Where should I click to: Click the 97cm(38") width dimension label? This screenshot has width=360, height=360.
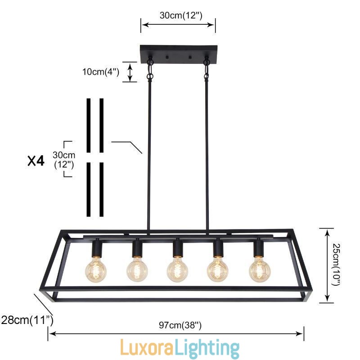click(176, 324)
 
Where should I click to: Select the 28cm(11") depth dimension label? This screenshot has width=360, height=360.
click(27, 320)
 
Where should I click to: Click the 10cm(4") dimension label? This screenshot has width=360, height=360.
click(100, 72)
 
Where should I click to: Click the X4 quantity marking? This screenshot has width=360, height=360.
click(36, 161)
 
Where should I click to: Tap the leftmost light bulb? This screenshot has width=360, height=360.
click(96, 270)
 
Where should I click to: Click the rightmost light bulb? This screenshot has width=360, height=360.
click(260, 270)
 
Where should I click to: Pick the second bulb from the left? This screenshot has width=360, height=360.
click(137, 270)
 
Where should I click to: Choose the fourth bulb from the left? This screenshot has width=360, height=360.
click(218, 270)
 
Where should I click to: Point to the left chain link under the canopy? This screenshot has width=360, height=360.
click(150, 70)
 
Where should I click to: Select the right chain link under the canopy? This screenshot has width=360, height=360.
click(207, 70)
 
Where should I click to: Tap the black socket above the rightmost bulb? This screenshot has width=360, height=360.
click(258, 247)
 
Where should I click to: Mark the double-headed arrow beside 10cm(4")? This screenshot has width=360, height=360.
click(130, 72)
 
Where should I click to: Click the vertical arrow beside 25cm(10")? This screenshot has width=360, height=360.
click(326, 265)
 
